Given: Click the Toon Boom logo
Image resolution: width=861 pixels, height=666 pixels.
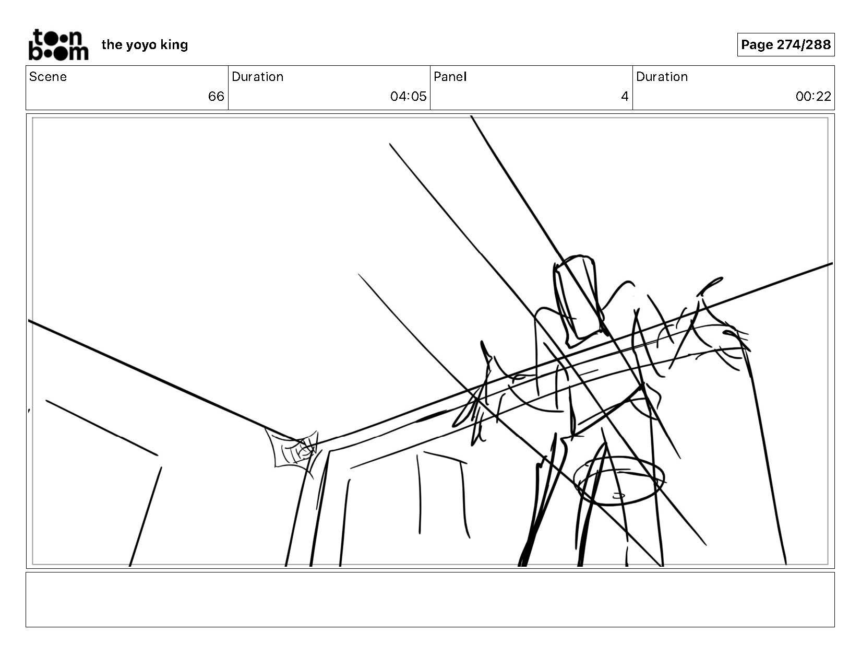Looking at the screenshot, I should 58,45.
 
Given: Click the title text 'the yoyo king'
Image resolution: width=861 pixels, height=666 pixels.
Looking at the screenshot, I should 145,45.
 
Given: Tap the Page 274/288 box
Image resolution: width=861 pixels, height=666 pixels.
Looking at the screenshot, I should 785,45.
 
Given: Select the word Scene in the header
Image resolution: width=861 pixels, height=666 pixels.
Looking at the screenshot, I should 48,77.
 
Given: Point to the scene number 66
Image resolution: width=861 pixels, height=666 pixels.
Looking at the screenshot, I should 216,97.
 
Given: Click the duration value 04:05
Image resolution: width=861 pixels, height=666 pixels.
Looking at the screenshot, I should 408,97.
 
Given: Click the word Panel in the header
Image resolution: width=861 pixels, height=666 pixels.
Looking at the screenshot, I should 450,77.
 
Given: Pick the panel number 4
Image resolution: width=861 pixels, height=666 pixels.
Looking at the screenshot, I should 625,97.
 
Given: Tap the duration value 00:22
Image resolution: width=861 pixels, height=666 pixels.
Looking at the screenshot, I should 813,97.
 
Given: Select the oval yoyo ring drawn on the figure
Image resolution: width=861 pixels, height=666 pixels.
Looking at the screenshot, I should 619,481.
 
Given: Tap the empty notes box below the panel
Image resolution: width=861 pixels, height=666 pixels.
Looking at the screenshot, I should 430,599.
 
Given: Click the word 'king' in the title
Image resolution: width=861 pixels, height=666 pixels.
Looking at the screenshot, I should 174,45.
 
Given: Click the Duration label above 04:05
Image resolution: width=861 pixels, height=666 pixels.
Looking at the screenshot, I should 257,77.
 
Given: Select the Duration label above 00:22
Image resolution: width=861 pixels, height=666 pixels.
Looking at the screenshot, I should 662,77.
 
